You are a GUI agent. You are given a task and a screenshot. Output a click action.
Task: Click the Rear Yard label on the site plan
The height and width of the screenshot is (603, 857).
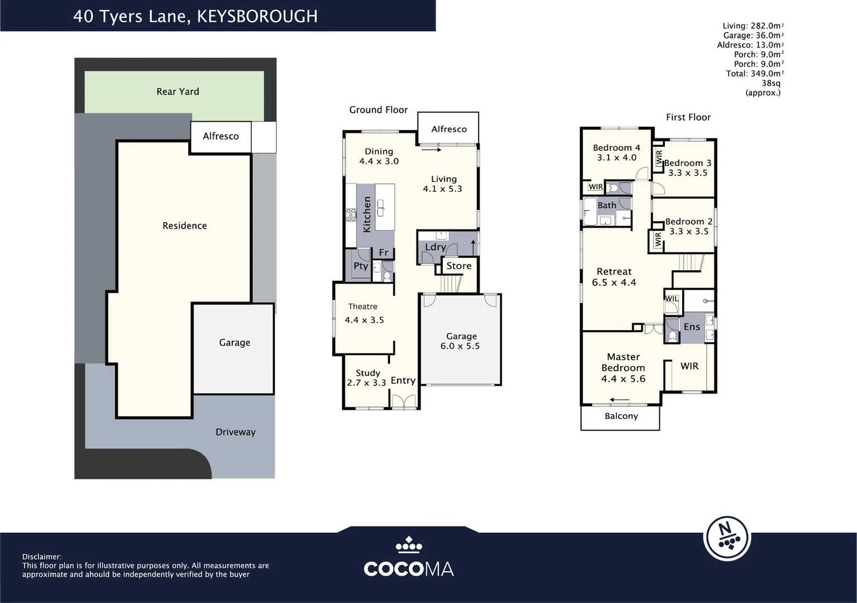point(178,92)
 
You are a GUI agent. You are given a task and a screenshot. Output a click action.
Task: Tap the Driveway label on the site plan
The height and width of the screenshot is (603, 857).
point(235,432)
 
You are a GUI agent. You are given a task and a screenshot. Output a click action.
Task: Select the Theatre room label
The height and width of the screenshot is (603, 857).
point(363,307)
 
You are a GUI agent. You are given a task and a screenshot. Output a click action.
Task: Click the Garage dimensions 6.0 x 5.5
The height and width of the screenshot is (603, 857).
point(460,346)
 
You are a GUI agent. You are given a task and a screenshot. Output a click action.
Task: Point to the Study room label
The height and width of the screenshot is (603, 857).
point(368,373)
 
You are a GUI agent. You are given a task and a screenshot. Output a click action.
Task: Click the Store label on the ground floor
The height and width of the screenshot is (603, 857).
point(459,266)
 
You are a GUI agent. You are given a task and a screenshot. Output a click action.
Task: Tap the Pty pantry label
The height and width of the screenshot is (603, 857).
point(361,266)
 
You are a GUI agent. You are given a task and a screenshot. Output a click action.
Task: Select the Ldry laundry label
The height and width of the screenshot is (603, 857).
point(435,247)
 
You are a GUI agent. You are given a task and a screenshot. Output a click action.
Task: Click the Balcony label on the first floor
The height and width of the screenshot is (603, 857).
point(621,417)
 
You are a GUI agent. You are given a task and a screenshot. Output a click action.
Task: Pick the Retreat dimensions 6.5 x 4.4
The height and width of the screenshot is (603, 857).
point(614,283)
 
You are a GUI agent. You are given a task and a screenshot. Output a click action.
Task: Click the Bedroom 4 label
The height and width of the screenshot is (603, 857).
point(616,148)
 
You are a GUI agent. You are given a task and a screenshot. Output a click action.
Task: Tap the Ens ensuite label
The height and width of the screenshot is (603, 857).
point(692,327)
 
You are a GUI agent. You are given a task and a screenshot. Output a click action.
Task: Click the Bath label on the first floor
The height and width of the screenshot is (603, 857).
point(607,205)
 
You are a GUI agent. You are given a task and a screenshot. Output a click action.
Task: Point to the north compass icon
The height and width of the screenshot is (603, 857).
point(726,537)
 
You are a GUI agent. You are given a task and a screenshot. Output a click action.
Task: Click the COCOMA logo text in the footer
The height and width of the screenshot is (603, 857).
point(409,569)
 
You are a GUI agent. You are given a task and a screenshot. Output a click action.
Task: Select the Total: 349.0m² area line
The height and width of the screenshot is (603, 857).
point(754,74)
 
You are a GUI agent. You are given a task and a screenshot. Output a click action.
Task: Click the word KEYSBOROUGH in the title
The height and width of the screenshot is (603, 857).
point(257,17)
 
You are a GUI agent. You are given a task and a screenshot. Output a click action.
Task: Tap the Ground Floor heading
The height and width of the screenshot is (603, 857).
point(379,110)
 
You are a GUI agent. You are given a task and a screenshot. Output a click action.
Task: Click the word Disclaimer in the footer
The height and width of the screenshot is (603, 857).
point(42,557)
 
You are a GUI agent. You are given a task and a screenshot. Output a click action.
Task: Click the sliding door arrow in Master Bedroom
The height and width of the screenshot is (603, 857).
point(620,400)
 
